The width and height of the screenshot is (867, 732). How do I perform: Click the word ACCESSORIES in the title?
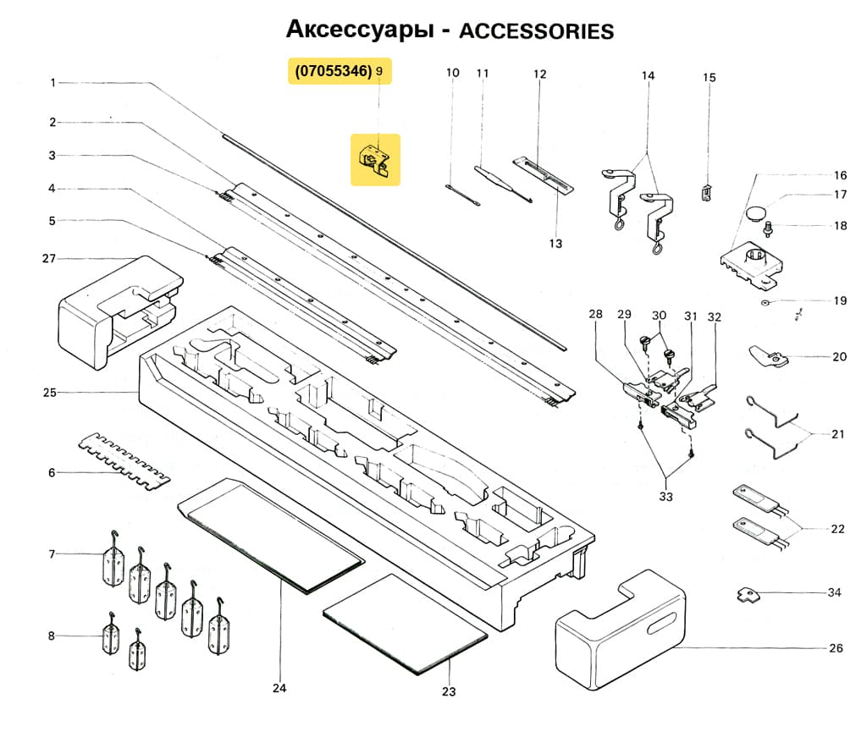click(535, 31)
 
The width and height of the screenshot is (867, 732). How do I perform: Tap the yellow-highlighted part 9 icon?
click(376, 159)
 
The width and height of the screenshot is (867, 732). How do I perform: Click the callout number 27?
click(50, 258)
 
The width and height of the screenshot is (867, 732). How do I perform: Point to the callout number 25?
click(50, 393)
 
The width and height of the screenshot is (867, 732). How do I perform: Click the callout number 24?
click(279, 688)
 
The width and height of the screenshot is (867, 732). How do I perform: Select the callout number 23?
click(449, 691)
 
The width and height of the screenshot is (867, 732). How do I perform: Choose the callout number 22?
click(837, 529)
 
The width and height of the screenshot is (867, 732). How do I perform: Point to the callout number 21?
click(837, 435)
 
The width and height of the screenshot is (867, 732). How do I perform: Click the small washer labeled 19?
click(765, 301)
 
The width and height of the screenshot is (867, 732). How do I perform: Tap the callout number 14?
click(648, 76)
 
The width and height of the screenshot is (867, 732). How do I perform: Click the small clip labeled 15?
click(707, 192)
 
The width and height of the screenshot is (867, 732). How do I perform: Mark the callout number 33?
click(665, 497)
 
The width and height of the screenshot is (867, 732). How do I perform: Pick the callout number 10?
click(453, 73)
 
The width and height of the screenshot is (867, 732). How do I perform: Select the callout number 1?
click(52, 83)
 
